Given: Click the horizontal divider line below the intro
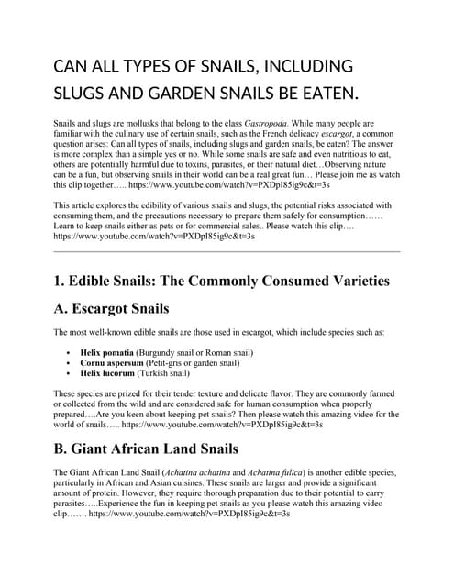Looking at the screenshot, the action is tap(227, 251).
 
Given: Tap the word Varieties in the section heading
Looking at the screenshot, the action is tap(349, 280).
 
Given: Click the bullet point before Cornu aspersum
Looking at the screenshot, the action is tap(70, 363).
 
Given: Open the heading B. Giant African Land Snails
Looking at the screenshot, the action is tap(146, 449).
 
